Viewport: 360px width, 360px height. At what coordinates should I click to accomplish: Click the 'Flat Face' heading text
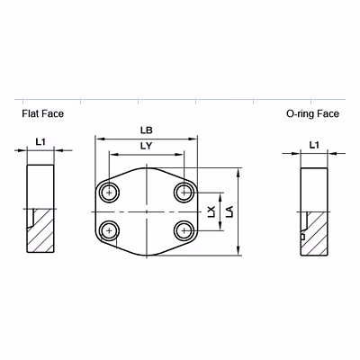click(x=42, y=114)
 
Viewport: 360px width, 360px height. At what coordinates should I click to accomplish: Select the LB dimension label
click(x=147, y=130)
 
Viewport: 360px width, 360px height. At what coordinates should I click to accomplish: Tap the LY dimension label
click(x=147, y=146)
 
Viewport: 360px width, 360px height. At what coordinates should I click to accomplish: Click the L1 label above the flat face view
click(x=40, y=142)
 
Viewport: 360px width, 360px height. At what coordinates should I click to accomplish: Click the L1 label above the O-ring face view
click(x=313, y=144)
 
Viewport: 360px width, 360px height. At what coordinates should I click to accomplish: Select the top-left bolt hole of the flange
click(x=110, y=193)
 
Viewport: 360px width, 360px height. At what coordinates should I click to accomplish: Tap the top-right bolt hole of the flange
click(x=184, y=193)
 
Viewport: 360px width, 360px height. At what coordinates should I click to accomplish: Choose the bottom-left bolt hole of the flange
click(x=110, y=230)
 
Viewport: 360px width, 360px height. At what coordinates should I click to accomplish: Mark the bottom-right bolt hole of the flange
click(x=184, y=230)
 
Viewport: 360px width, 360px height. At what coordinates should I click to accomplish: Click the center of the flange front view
click(x=147, y=211)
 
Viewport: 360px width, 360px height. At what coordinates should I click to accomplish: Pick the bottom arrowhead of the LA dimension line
click(x=238, y=254)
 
